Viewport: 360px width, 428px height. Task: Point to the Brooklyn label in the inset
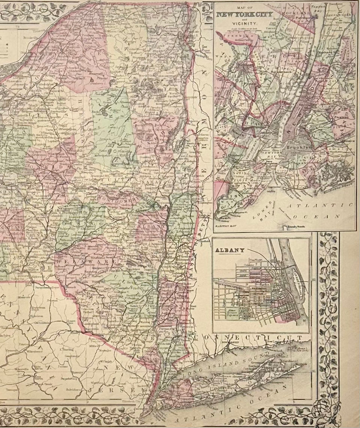[x=299, y=148]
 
